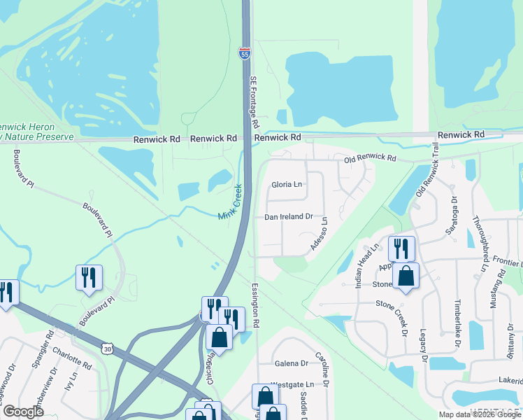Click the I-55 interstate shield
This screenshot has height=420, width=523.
coord(244,53)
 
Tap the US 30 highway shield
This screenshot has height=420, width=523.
coord(107,347)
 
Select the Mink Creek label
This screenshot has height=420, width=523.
coord(230,204)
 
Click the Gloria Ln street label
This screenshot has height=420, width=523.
coord(287,185)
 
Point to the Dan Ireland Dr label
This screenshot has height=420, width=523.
coord(287,218)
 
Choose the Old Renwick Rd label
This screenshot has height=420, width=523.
coord(370,160)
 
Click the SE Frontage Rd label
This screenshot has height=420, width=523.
coord(254,101)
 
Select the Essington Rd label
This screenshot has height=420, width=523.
coord(256,306)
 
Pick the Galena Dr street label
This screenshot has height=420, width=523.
coord(291,363)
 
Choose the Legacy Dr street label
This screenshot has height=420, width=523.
coord(424,346)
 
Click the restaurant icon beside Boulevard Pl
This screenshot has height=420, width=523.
coord(89,277)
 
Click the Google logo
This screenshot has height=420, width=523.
coord(23,412)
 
